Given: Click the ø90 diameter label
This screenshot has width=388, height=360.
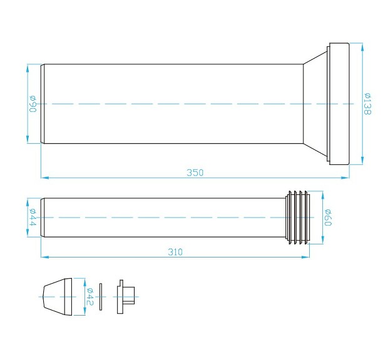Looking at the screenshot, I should click(33, 104).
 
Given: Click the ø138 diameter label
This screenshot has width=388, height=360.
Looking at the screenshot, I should click(369, 104).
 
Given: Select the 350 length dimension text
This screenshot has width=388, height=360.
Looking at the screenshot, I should click(195, 172).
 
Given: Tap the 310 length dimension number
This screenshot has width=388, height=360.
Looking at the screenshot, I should click(176, 252).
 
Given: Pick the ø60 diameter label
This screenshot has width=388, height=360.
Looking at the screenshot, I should click(327, 217).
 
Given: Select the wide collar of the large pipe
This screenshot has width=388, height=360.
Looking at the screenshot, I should click(339, 104).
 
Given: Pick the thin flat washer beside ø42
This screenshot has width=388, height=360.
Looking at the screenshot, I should click(101, 296).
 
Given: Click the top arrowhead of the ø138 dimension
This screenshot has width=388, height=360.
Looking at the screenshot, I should click(362, 46).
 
